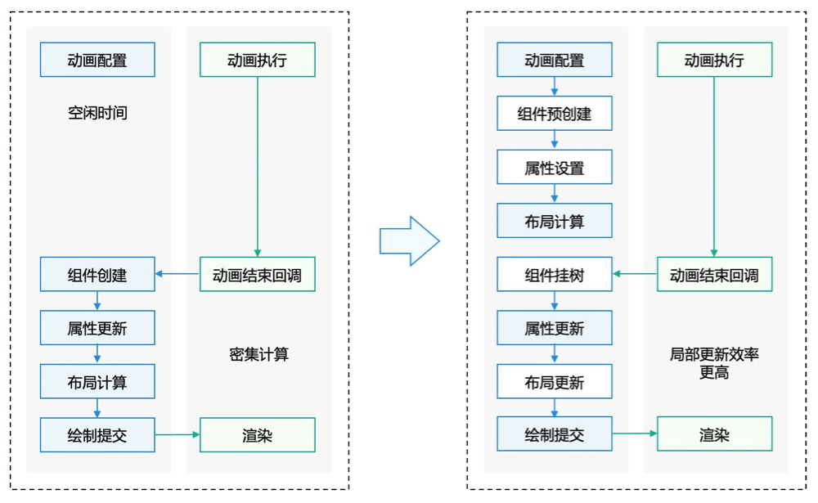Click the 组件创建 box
point(97,275)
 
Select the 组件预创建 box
point(554,114)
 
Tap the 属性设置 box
point(554,168)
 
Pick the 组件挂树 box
point(554,275)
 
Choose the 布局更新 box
point(554,382)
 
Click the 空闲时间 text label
point(97,113)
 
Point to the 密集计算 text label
point(258,354)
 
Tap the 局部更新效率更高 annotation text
point(714,363)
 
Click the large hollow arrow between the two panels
point(409,241)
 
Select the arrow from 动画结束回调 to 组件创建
point(178,274)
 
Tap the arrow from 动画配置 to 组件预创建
point(555,86)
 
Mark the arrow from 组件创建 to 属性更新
point(97,301)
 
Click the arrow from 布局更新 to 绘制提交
point(555,408)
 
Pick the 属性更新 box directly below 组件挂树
point(554,329)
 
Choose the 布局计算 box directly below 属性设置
point(554,221)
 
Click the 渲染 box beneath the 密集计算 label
point(258,435)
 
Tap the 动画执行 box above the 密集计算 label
point(258,60)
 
